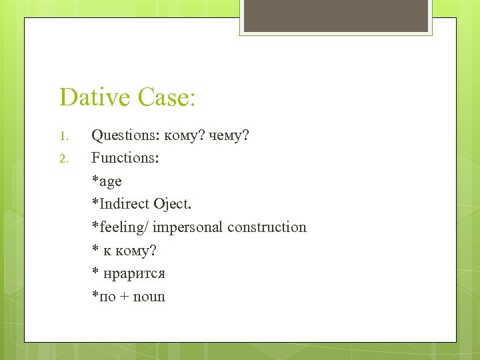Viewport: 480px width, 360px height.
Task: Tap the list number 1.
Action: [63, 137]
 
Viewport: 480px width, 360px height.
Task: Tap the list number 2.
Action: [63, 159]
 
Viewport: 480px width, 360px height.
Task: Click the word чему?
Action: [229, 136]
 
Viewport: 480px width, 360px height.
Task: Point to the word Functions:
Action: [125, 158]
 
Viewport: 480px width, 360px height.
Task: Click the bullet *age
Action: [107, 181]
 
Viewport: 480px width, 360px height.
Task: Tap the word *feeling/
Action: [120, 227]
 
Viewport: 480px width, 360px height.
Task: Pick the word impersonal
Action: [188, 227]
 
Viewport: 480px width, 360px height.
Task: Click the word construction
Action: [267, 227]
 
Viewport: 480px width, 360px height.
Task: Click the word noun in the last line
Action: [149, 297]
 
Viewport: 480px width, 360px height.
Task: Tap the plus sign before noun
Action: [124, 297]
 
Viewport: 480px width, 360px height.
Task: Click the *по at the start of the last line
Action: [103, 297]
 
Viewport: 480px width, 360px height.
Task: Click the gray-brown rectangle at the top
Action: [335, 16]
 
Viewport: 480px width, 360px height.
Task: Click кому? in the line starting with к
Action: [137, 251]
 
